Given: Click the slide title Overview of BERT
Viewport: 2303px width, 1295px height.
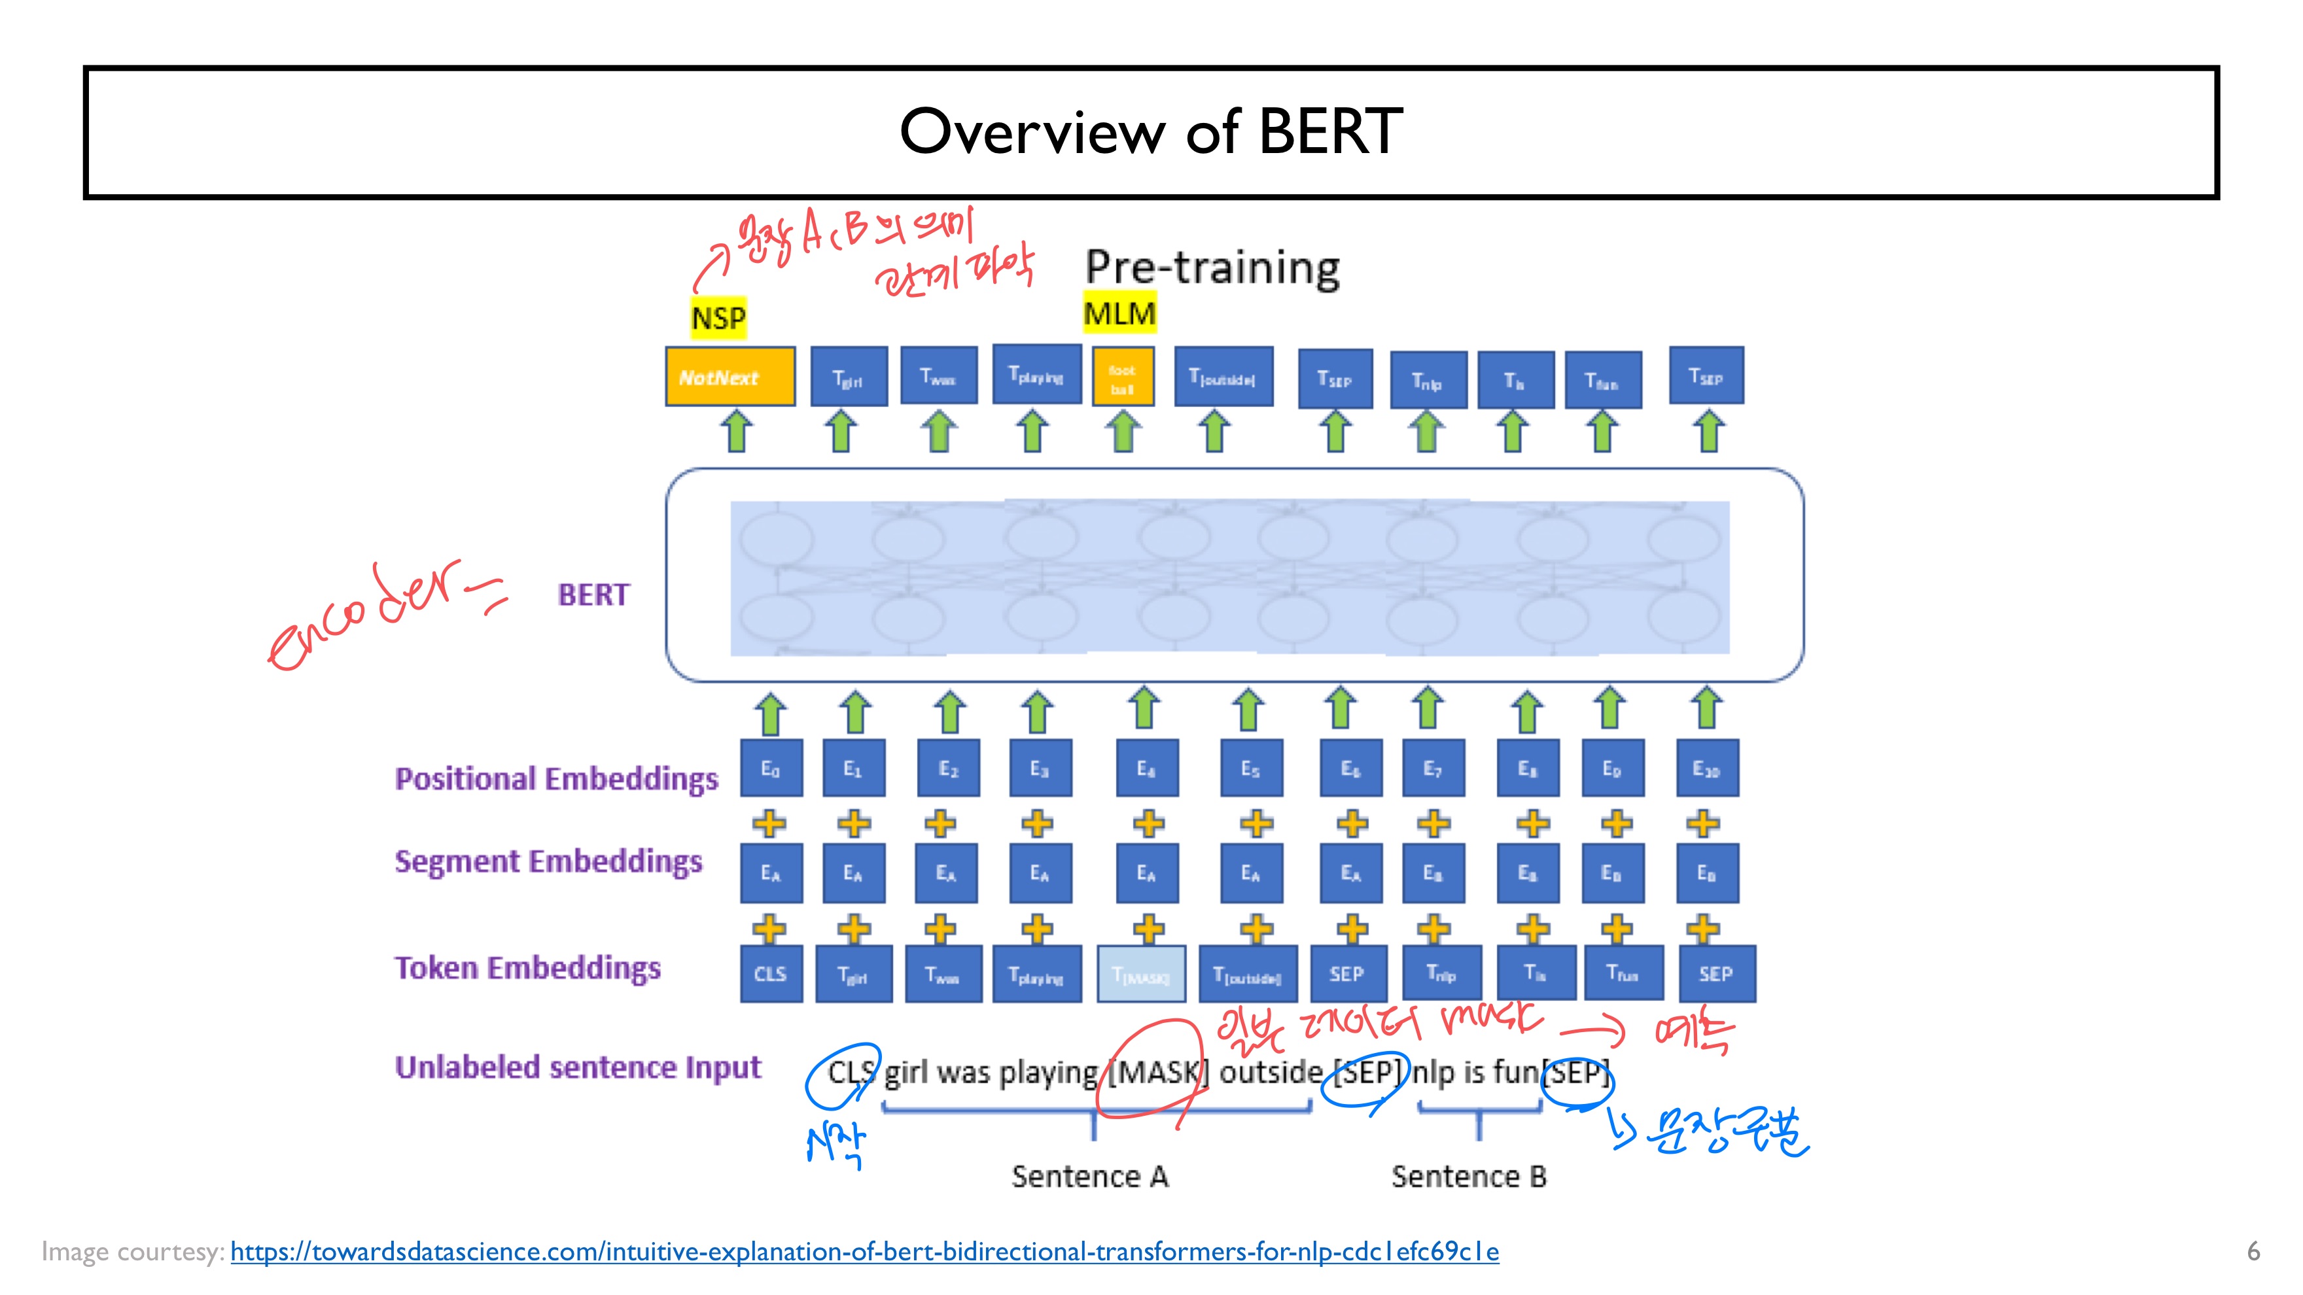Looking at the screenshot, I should pos(1151,131).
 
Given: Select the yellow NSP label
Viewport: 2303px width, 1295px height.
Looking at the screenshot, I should pos(718,317).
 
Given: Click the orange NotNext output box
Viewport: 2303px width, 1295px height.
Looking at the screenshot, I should pos(730,377).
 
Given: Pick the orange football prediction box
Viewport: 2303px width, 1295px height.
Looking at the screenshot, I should pos(1123,378).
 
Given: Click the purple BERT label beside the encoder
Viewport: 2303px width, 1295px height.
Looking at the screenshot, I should pos(593,595).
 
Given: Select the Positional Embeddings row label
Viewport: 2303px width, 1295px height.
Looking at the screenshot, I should pos(556,778).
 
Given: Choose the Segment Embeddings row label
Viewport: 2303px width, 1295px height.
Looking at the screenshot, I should pos(548,861).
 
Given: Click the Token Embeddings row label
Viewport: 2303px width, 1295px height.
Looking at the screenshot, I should pos(527,968).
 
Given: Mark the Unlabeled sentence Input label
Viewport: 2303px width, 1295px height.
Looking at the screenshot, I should pos(578,1067).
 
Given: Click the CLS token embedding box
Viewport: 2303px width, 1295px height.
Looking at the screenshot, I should pos(770,973).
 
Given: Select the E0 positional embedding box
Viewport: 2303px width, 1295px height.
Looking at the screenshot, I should pos(770,768).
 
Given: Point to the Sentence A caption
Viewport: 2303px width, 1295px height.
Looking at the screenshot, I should pos(1090,1176).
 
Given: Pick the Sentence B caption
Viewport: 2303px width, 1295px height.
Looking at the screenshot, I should pos(1468,1176).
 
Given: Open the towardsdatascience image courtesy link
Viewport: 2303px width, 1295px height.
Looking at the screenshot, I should pos(864,1251).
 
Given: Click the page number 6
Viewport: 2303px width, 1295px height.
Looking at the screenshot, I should pos(2253,1251).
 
